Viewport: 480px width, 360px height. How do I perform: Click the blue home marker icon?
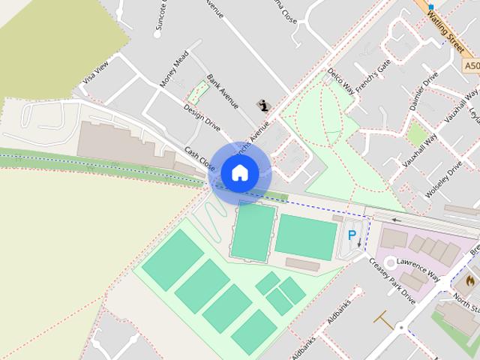click(239, 172)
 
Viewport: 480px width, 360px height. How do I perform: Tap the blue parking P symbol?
click(352, 235)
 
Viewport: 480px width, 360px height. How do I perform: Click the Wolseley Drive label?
click(443, 178)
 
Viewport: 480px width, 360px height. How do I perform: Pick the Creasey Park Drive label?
click(391, 279)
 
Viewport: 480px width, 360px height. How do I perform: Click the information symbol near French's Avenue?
click(262, 105)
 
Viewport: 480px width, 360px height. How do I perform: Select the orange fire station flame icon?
click(469, 280)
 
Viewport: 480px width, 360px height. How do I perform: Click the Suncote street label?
click(160, 17)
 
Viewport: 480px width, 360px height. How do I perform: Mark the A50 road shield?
click(471, 67)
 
